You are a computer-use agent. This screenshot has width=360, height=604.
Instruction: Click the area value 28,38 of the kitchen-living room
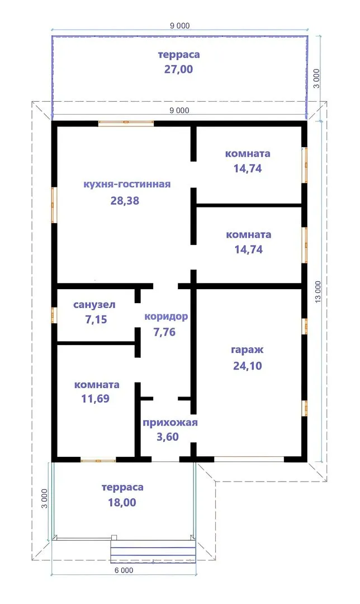point(125,201)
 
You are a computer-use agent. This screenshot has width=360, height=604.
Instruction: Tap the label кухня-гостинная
point(127,184)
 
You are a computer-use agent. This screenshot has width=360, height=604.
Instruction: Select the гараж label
point(247,350)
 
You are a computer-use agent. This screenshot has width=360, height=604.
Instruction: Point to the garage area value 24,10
point(248,366)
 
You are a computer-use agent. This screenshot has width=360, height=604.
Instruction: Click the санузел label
point(94,305)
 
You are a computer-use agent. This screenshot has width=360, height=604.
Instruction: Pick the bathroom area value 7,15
point(96,319)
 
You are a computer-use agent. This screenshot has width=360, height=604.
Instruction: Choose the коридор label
point(167,317)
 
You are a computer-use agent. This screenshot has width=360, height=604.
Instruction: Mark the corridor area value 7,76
point(164,332)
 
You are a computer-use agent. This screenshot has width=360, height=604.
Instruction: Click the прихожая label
point(170,423)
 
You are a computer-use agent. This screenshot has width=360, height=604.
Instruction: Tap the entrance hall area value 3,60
point(168,437)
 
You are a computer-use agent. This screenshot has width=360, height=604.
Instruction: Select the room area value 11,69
point(96,399)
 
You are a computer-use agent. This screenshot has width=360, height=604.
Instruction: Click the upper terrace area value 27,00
point(179,69)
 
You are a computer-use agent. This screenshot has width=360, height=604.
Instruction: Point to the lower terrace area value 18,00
point(122,503)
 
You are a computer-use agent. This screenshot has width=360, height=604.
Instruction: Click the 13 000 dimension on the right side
point(318,291)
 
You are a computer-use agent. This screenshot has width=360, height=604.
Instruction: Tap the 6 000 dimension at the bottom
point(124,570)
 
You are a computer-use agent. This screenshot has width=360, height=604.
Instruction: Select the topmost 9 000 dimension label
point(180,26)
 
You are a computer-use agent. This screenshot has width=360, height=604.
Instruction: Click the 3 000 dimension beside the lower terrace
point(45,499)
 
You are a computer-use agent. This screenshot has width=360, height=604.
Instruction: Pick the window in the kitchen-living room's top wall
point(126,123)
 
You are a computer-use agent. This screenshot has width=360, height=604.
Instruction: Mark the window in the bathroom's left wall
point(54,315)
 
